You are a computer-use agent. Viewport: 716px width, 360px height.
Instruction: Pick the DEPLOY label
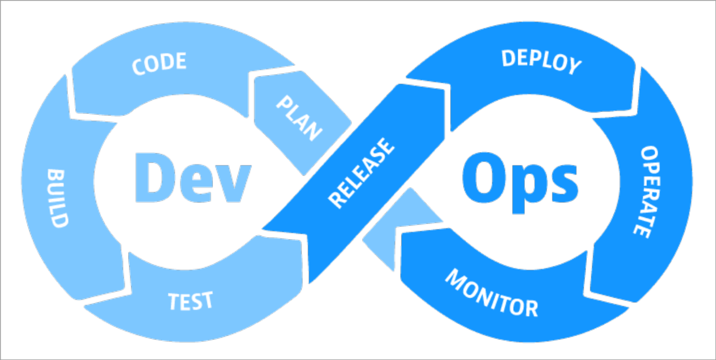[541, 61]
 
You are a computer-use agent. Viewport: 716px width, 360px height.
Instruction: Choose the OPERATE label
[646, 192]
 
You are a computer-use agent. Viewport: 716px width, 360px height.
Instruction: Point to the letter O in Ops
[483, 176]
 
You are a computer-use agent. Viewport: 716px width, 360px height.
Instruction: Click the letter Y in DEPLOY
[573, 67]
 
